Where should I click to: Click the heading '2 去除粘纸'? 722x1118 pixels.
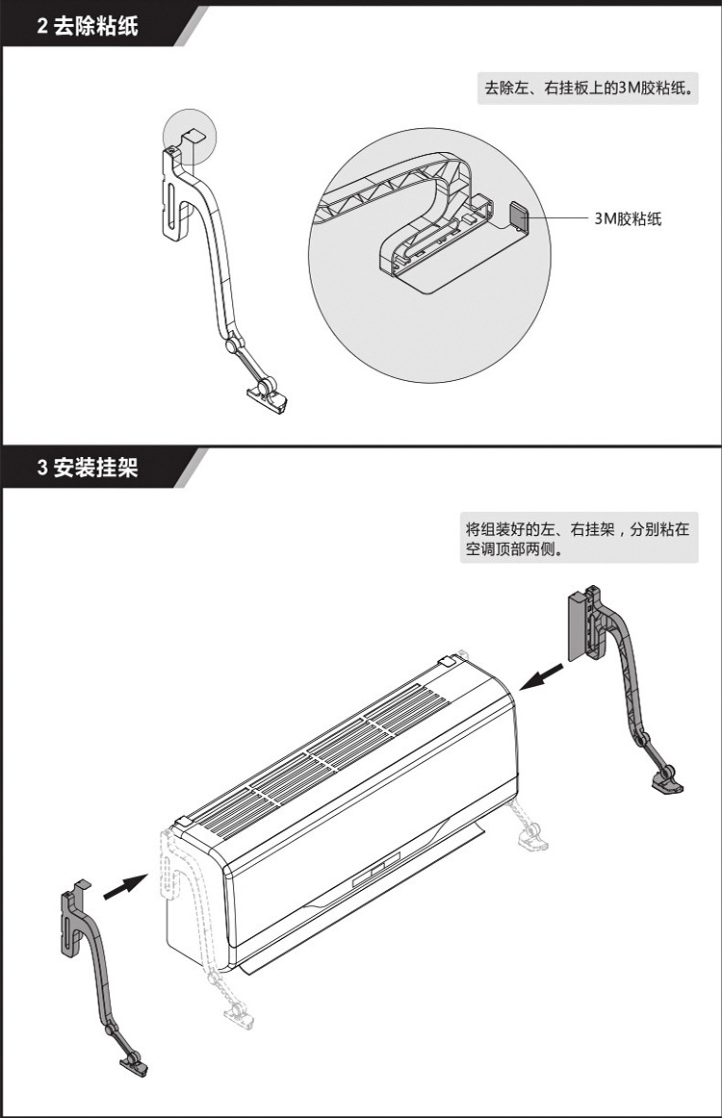click(88, 26)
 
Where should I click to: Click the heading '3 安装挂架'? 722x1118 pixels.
click(88, 469)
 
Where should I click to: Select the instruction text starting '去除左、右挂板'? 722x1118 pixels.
click(588, 89)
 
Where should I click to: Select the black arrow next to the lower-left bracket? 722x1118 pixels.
click(122, 887)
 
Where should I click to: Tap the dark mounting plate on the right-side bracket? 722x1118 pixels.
click(577, 626)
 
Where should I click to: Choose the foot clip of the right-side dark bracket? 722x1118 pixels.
click(669, 780)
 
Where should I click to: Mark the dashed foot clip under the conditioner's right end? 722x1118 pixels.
click(532, 838)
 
